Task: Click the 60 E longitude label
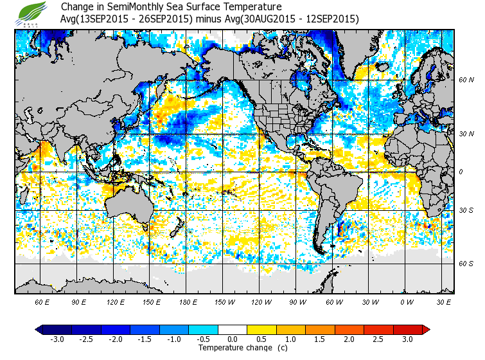pyautogui.click(x=42, y=301)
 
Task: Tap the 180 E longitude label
pyautogui.click(x=188, y=301)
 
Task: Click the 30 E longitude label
pyautogui.click(x=443, y=301)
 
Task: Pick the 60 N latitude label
pyautogui.click(x=466, y=80)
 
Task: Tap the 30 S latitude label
pyautogui.click(x=466, y=210)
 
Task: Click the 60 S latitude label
pyautogui.click(x=466, y=264)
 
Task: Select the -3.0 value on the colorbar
pyautogui.click(x=57, y=339)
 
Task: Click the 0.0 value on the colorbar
pyautogui.click(x=233, y=339)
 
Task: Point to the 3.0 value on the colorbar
pyautogui.click(x=408, y=339)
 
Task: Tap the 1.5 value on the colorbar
pyautogui.click(x=321, y=339)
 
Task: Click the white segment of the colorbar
pyautogui.click(x=233, y=330)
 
